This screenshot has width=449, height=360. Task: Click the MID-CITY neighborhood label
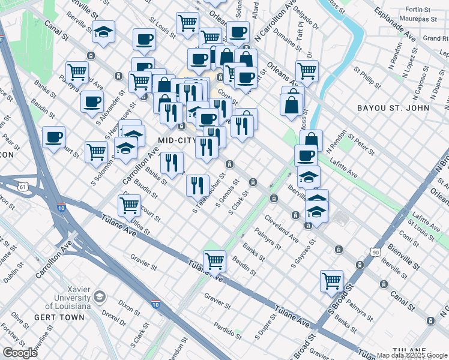click(176, 140)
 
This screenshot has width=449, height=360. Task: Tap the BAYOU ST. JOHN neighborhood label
click(393, 108)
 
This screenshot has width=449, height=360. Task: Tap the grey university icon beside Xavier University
click(100, 297)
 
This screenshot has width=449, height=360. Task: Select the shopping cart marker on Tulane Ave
click(214, 261)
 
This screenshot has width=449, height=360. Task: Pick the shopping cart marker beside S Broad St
click(331, 280)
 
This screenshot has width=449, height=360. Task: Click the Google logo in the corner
click(20, 353)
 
